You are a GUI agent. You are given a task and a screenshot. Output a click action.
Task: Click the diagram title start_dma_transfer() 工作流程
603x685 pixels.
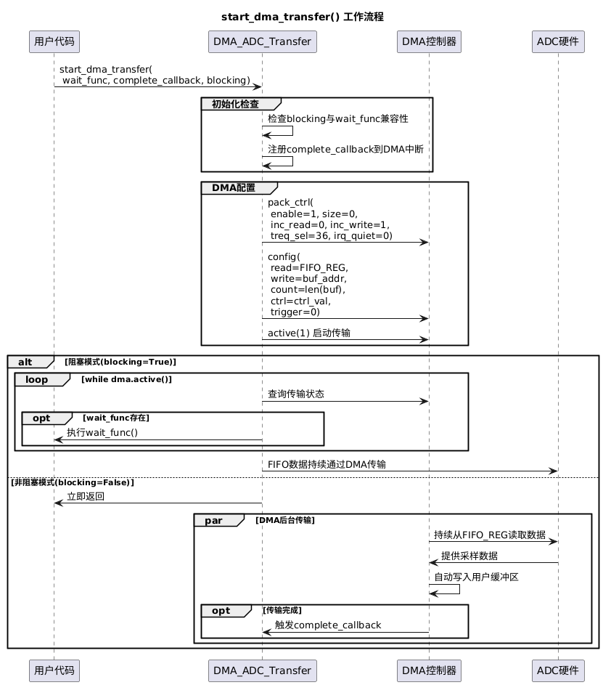[303, 17]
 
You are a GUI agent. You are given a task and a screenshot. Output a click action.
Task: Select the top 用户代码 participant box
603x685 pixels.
[54, 41]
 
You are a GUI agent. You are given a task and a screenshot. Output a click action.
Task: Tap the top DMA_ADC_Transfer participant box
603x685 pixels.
[262, 41]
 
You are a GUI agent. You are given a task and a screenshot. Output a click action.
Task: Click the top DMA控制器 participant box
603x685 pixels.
[429, 41]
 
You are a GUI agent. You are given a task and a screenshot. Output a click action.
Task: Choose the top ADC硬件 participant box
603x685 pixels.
[558, 41]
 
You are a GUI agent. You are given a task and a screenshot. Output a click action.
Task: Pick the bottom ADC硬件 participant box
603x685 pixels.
[558, 670]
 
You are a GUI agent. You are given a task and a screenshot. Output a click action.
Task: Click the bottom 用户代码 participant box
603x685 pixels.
[54, 670]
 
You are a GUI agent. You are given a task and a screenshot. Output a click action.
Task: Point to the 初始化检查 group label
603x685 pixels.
[235, 104]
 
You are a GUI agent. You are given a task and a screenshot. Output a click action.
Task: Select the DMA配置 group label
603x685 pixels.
[234, 188]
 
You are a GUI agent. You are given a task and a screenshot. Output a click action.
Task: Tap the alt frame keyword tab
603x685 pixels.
[25, 362]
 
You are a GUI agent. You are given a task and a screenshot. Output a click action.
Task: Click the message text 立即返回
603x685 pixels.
[86, 496]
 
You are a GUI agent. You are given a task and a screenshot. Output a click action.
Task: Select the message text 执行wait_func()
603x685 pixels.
[102, 432]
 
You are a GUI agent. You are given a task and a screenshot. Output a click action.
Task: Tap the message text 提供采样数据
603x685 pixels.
[469, 556]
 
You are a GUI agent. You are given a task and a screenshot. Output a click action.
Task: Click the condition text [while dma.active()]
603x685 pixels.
[126, 379]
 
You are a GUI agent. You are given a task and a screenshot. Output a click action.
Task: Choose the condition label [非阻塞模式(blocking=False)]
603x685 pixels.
[73, 482]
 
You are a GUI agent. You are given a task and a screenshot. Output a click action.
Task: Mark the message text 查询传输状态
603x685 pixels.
[296, 394]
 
